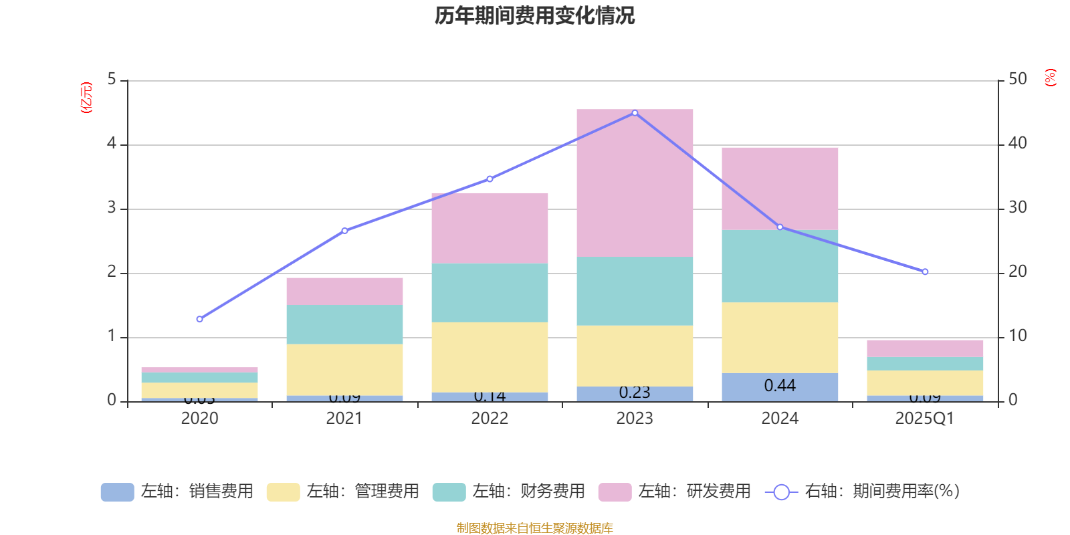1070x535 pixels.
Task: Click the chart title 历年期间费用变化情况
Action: coord(534,15)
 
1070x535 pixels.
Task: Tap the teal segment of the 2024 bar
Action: coord(780,266)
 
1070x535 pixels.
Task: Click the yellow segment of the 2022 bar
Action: coord(490,357)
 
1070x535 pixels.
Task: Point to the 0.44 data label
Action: coord(780,386)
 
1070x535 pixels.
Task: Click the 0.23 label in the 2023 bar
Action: coord(635,393)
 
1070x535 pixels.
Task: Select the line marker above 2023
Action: coord(635,113)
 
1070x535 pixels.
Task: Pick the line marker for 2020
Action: coord(199,319)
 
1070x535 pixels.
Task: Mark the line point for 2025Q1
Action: coord(925,272)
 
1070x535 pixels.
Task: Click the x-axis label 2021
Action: coord(344,419)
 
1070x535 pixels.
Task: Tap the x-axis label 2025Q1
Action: coord(925,419)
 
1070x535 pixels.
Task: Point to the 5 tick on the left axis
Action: coord(112,80)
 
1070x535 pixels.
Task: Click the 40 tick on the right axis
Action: coord(1017,143)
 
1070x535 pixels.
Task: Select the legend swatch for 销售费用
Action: coord(117,492)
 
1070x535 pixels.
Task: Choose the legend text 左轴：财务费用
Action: coord(528,492)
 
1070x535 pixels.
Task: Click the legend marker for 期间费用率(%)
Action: coord(781,492)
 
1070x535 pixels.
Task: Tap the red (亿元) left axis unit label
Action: coord(86,98)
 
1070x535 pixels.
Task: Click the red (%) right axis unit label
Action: coord(1050,78)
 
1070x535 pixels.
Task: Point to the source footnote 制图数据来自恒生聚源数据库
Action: coord(534,528)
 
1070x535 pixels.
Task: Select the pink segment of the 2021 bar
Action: coord(344,291)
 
